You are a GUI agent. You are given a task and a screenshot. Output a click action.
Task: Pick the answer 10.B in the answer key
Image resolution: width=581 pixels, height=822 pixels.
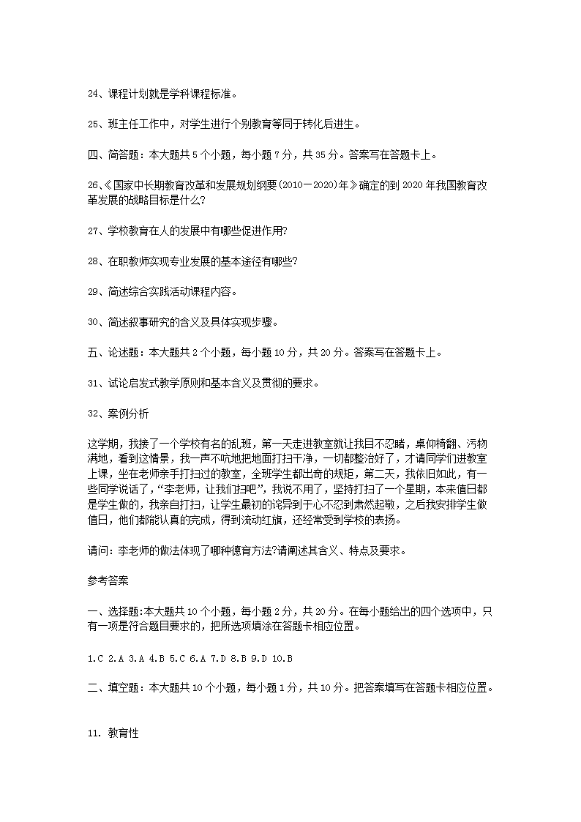click(282, 658)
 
